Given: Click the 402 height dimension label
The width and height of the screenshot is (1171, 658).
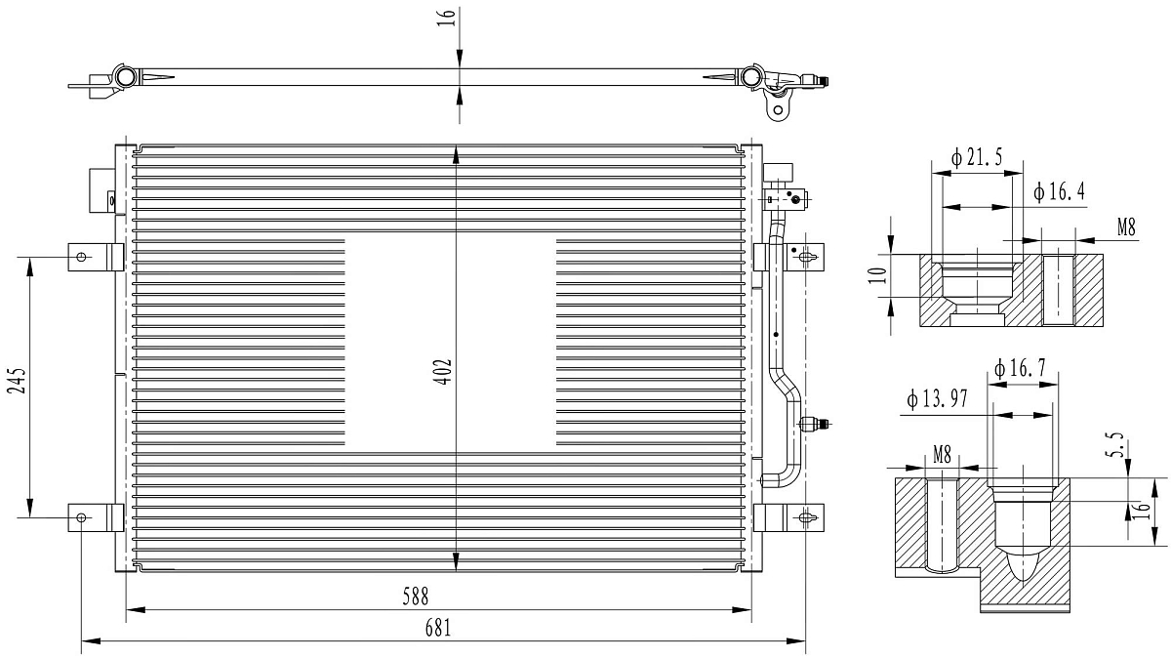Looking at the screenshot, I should [443, 372].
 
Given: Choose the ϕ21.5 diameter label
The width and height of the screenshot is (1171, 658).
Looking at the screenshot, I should [978, 158].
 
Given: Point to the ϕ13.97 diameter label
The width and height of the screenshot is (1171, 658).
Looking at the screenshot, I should [938, 398].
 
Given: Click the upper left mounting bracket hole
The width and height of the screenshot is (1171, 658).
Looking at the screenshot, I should [82, 258].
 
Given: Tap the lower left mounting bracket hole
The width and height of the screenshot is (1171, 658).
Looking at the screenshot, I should [82, 517].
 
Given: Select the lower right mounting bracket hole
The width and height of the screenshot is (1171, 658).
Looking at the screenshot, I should [806, 517].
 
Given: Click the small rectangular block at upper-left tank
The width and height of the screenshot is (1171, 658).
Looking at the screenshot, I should [101, 189].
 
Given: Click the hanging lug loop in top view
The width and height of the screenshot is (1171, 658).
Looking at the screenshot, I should [778, 107].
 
